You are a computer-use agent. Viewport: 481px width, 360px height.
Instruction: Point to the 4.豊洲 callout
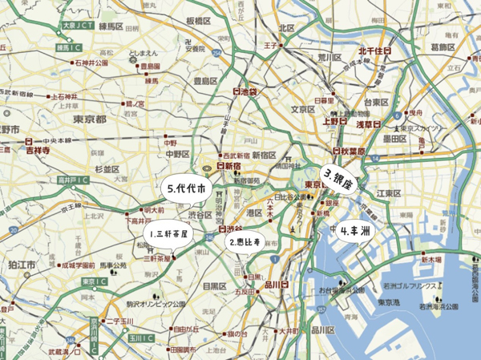[354, 230]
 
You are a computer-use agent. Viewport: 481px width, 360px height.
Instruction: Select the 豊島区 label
[207, 81]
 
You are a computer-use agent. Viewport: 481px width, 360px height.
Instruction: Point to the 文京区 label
[303, 108]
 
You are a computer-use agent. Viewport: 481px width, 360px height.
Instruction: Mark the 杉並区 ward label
[107, 169]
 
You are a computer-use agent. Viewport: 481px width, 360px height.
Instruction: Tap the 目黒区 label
[215, 285]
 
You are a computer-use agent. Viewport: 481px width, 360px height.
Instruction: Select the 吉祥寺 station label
[34, 148]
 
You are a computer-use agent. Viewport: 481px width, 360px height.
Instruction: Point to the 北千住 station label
[374, 51]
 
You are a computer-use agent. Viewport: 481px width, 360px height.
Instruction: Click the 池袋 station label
[245, 92]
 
